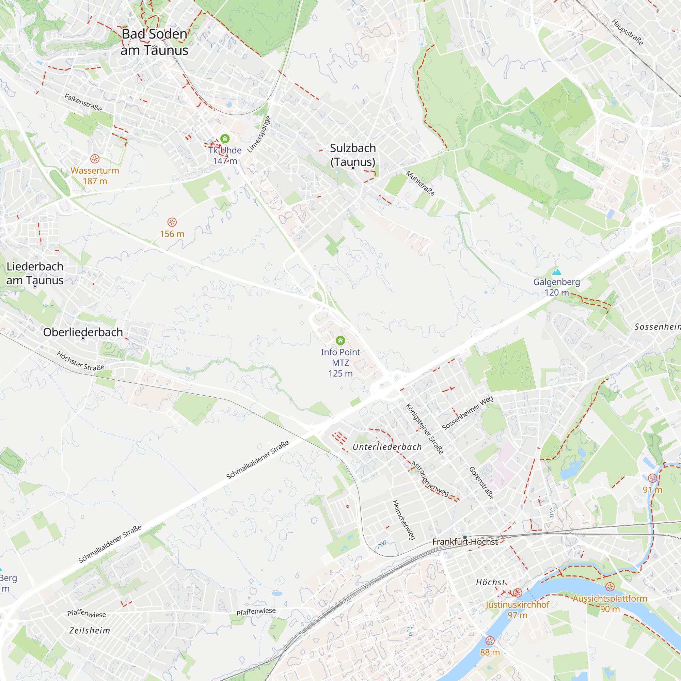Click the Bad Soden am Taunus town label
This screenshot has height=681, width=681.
point(154,42)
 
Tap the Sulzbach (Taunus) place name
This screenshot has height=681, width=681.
point(353,155)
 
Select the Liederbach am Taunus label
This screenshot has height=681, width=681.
point(35,273)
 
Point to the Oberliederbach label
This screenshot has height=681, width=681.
point(83,332)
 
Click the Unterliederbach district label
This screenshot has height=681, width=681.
point(387,447)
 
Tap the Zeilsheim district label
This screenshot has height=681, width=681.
point(90,630)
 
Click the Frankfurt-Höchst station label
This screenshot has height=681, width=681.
point(465,542)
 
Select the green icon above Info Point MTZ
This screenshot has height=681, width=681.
point(340,340)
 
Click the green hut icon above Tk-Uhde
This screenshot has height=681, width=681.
point(225,139)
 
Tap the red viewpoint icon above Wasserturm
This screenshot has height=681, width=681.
point(95,159)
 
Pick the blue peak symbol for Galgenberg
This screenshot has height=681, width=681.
point(556,272)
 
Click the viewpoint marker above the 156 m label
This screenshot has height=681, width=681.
point(172,222)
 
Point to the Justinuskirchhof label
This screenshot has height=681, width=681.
point(518,604)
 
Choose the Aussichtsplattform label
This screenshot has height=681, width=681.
point(610,599)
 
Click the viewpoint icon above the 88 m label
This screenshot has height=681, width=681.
point(490,640)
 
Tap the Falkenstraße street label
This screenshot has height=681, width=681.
point(83,102)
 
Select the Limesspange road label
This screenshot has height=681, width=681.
point(259,134)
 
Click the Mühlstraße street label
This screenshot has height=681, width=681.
point(420,183)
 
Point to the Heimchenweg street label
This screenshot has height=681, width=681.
point(403,520)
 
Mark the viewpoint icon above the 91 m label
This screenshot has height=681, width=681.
point(652,478)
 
